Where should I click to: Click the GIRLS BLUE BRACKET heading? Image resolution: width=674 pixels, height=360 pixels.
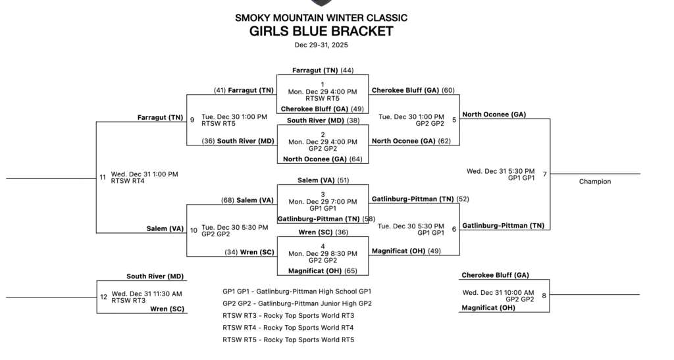pos(321,31)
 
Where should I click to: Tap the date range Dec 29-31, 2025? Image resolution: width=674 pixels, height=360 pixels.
pos(321,45)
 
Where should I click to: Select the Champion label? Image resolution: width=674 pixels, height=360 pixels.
pos(595,182)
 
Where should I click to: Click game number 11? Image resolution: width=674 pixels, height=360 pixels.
pos(103,177)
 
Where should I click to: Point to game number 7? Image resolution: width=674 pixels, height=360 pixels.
pos(544,174)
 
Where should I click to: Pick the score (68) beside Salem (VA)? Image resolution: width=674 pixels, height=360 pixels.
pos(228,200)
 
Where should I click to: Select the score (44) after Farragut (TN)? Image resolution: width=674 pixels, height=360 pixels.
pos(347,70)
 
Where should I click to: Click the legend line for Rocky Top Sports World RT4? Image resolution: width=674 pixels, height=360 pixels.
pos(288,327)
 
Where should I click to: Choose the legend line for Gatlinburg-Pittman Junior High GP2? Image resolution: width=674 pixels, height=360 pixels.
pos(297,303)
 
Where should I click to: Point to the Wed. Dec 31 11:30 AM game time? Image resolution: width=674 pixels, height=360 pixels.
pos(147,294)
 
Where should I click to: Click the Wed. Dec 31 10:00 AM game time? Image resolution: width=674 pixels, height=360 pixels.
pos(499,292)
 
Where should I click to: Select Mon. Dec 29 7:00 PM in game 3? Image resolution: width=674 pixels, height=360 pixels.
pos(323,201)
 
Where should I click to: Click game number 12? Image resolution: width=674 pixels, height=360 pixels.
pos(103,296)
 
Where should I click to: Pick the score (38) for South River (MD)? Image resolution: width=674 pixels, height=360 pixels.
pos(353,120)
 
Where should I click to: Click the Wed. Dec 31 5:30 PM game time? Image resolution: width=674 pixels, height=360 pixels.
pos(500,171)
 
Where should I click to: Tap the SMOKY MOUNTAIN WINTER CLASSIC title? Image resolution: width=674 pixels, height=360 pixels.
pos(321,18)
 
